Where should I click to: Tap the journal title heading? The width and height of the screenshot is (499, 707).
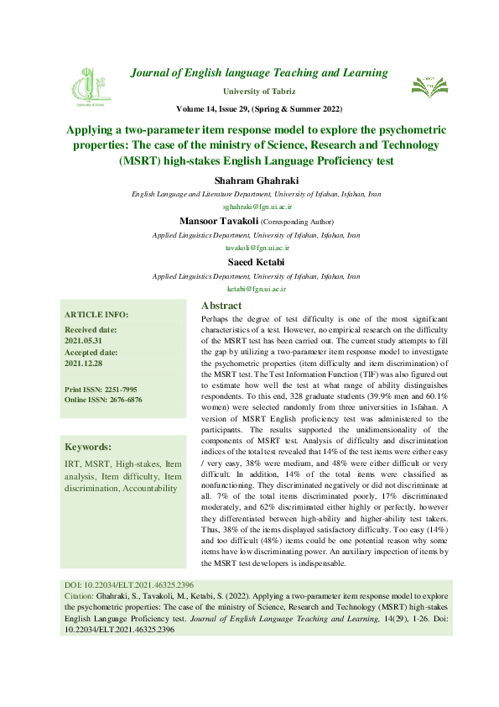point(259,73)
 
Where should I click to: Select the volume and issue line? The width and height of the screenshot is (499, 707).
point(259,109)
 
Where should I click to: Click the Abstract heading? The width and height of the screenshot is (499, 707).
point(222,306)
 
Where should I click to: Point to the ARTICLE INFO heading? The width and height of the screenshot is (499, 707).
point(96,314)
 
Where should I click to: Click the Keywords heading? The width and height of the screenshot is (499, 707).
point(88,447)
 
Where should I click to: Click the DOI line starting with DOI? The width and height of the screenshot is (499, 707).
point(129,583)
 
